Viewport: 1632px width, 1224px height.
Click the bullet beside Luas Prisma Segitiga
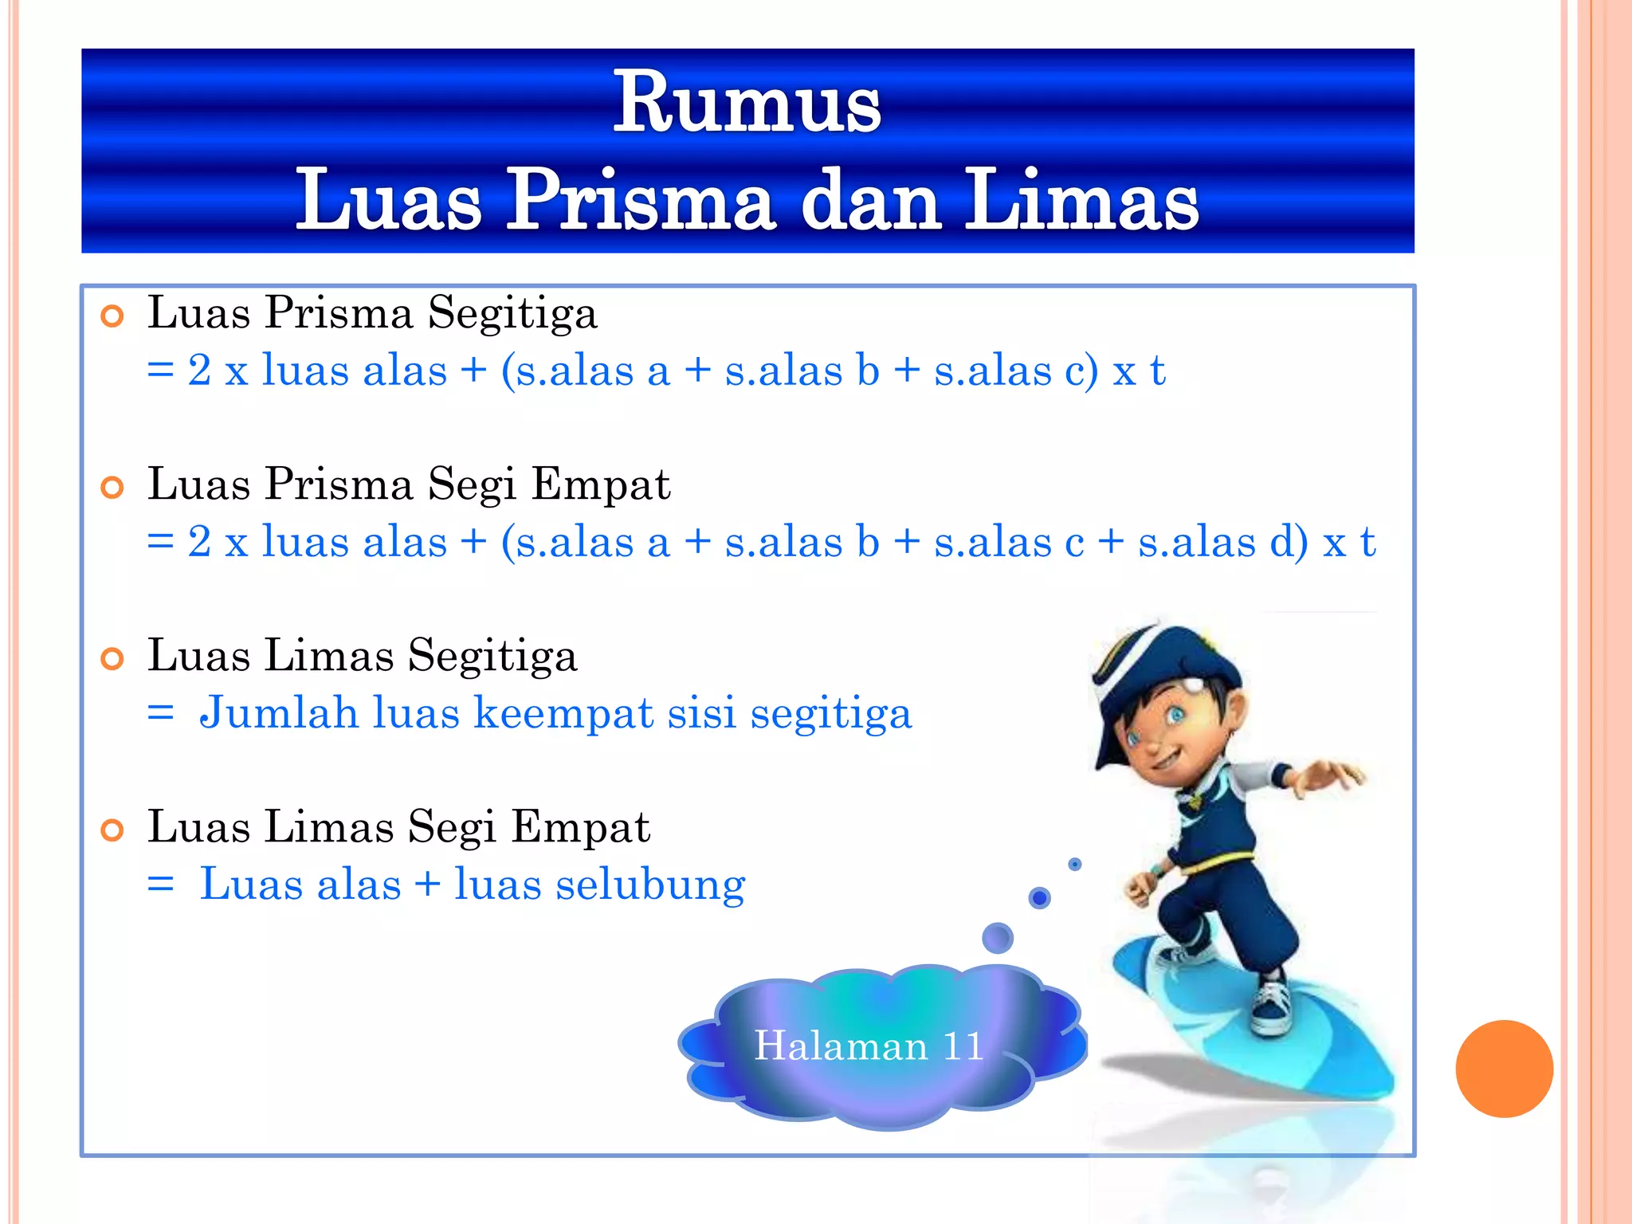tap(112, 316)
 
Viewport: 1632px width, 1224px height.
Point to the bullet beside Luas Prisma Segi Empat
tap(112, 488)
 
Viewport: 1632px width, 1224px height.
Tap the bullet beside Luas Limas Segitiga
tap(112, 659)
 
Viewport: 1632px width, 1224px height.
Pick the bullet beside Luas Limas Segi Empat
tap(112, 830)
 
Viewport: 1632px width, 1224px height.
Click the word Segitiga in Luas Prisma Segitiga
tap(512, 313)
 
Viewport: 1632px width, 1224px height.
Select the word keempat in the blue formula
tap(564, 712)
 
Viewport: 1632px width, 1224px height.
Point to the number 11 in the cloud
tap(963, 1045)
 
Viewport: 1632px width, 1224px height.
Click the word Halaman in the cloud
tap(841, 1045)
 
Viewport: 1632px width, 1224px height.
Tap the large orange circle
tap(1504, 1069)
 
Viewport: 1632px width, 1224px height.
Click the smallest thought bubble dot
tap(1075, 864)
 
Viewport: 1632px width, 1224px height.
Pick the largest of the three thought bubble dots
tap(998, 938)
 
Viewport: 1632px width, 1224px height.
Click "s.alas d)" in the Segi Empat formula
tap(1223, 543)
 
